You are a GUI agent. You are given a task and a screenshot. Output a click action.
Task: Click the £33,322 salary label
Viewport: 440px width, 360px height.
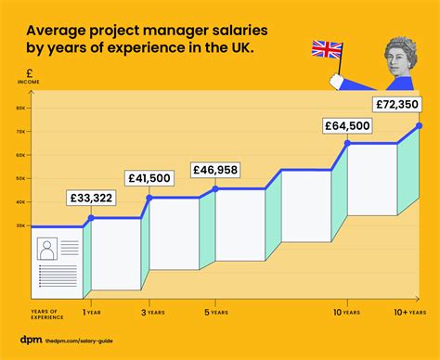92,198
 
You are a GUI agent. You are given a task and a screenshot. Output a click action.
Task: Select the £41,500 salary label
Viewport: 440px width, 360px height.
149,177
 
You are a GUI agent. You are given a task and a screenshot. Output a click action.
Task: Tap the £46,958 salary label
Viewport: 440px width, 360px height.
215,170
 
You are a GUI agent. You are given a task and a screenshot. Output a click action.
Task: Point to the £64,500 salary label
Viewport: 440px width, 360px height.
347,124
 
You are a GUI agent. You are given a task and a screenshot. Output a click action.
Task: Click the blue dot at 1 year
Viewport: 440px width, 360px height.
91,218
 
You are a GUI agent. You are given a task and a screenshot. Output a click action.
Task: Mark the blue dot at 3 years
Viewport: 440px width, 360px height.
149,197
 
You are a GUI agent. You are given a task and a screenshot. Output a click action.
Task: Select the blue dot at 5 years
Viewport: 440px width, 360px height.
215,189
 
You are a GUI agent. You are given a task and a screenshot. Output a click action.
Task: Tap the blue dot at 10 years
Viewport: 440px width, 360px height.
347,144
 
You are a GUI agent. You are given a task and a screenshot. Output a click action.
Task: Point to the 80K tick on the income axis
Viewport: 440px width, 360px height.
20,108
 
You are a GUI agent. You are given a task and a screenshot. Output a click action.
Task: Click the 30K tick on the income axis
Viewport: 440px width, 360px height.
20,225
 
